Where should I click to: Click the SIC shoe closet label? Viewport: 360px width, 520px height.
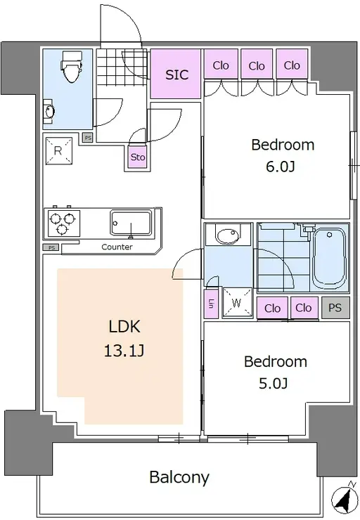pyautogui.click(x=177, y=75)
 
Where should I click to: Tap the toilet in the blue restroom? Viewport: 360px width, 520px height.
pyautogui.click(x=72, y=66)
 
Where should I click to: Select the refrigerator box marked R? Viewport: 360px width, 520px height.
pyautogui.click(x=59, y=151)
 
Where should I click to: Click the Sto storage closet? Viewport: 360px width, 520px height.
pyautogui.click(x=137, y=157)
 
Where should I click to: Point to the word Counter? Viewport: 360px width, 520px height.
pyautogui.click(x=117, y=247)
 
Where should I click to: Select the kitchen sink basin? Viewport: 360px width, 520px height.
pyautogui.click(x=131, y=223)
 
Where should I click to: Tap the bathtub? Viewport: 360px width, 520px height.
pyautogui.click(x=330, y=258)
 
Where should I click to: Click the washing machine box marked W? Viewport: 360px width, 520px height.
pyautogui.click(x=237, y=302)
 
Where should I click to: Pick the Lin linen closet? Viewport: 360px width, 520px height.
pyautogui.click(x=211, y=304)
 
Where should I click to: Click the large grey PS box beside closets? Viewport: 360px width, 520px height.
pyautogui.click(x=335, y=308)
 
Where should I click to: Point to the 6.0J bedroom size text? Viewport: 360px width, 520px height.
pyautogui.click(x=281, y=167)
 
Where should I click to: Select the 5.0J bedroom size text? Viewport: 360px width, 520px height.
pyautogui.click(x=273, y=384)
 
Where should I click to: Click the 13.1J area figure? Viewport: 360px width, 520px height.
pyautogui.click(x=124, y=351)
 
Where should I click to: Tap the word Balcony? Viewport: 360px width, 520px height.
pyautogui.click(x=179, y=478)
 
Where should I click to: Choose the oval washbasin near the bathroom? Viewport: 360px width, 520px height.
pyautogui.click(x=227, y=236)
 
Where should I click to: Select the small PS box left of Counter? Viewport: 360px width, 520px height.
pyautogui.click(x=51, y=247)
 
